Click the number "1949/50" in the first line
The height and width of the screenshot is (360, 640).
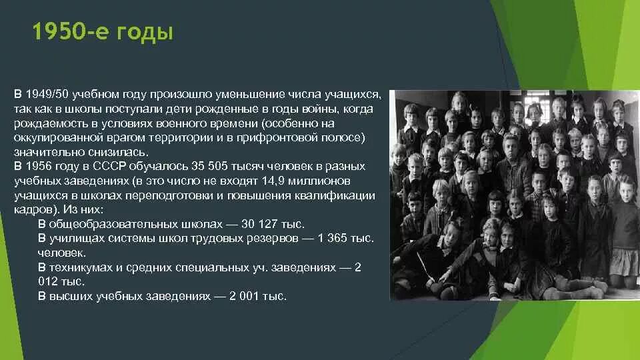[43, 95]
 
